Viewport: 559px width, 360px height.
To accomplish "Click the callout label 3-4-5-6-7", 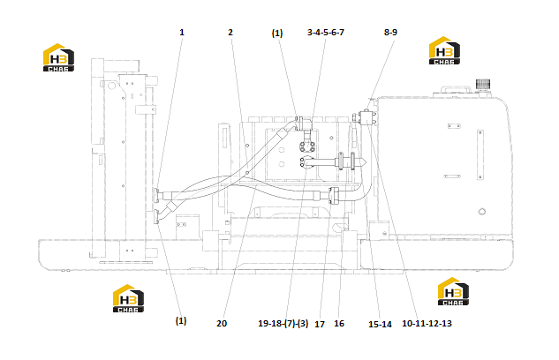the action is pos(326,33).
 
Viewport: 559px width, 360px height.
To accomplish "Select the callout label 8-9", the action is pos(390,33).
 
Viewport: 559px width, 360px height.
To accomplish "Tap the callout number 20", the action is pos(222,323).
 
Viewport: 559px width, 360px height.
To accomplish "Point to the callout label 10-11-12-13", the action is pos(427,323).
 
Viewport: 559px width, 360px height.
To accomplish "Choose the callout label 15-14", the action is pos(380,324).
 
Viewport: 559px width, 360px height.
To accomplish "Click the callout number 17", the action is pos(320,325).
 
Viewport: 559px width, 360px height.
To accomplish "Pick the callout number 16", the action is pos(339,323).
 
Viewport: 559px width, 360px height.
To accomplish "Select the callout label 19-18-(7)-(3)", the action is pos(283,323).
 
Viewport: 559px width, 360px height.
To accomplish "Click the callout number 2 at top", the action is pos(230,33).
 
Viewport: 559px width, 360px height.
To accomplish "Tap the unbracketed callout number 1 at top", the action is pos(182,33).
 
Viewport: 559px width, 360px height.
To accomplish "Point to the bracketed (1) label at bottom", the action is pos(181,321).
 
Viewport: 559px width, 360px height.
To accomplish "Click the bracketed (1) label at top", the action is pos(277,34).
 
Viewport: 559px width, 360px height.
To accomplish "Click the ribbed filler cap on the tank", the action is pos(483,85).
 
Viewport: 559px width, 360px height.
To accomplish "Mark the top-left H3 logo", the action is pos(58,57).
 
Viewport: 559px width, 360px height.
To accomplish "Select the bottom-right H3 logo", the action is pos(453,291).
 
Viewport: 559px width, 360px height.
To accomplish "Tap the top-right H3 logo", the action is pos(444,50).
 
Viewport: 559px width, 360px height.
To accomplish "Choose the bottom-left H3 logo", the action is pos(128,298).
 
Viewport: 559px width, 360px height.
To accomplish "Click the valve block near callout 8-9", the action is pos(366,118).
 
